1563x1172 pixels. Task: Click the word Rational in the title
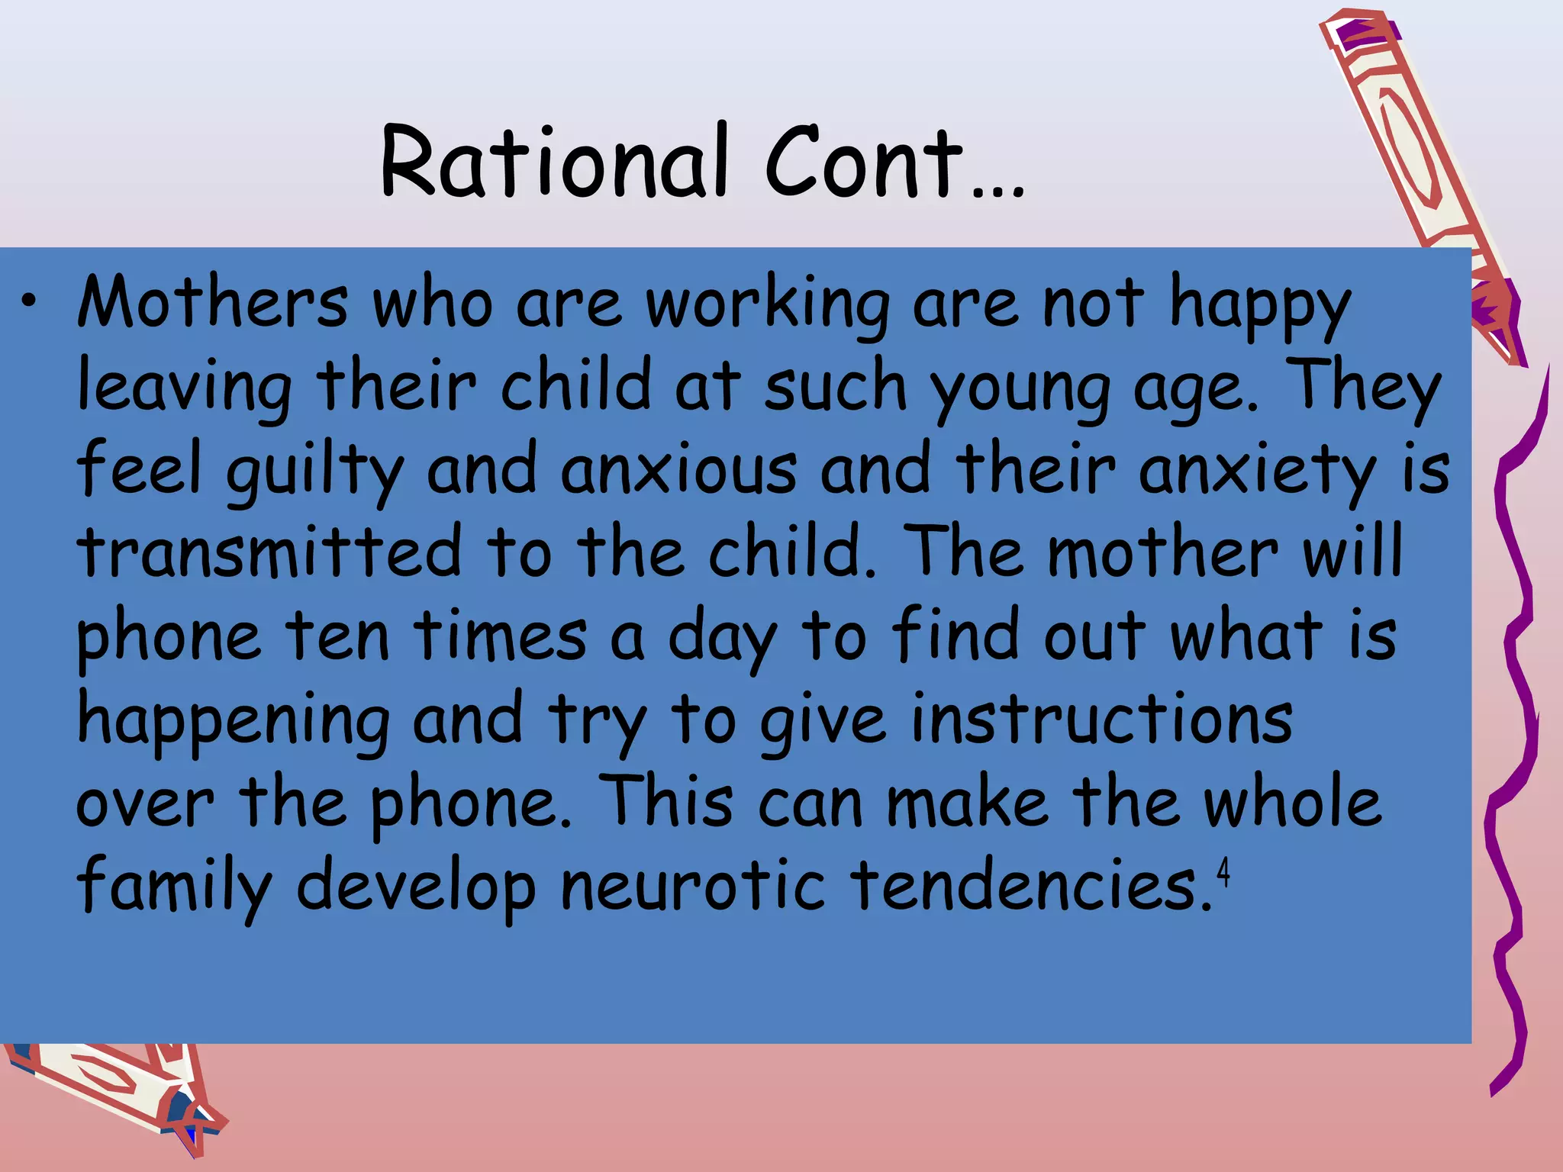click(554, 162)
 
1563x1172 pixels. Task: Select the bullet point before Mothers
click(28, 302)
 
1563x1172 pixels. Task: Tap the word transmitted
click(269, 551)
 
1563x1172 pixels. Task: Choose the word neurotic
click(693, 885)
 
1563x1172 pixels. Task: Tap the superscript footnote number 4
click(1223, 872)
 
